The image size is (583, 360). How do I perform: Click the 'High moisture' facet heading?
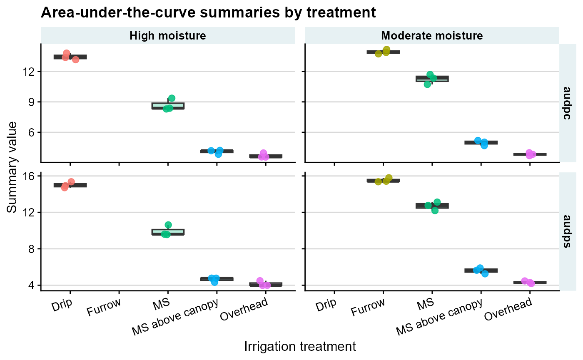click(x=168, y=36)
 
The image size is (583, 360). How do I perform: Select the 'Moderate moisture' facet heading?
click(x=432, y=36)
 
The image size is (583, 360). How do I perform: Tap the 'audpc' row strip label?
click(x=567, y=103)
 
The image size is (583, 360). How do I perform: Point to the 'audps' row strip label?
click(x=567, y=231)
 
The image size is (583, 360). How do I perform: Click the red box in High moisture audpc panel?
click(x=70, y=57)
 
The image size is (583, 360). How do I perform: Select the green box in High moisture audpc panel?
click(x=168, y=106)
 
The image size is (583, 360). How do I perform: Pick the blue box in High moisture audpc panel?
click(x=217, y=151)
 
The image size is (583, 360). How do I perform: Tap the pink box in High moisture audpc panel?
click(x=266, y=156)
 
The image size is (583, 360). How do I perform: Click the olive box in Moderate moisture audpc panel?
click(x=383, y=52)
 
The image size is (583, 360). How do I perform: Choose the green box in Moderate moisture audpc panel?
click(x=432, y=79)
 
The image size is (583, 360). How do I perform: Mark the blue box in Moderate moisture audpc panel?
click(x=481, y=142)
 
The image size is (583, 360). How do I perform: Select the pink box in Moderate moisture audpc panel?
click(x=530, y=154)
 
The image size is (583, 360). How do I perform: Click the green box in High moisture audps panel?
click(x=168, y=232)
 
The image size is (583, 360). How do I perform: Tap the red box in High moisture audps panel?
click(x=70, y=185)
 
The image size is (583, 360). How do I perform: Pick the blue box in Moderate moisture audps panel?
click(x=481, y=271)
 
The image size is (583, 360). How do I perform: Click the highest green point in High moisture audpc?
click(x=172, y=98)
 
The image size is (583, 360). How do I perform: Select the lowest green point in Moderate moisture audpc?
click(x=427, y=84)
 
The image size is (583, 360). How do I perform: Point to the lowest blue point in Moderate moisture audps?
click(x=485, y=274)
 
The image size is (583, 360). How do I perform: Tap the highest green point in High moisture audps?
click(x=168, y=225)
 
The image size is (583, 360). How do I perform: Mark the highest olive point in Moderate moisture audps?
click(x=389, y=178)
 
